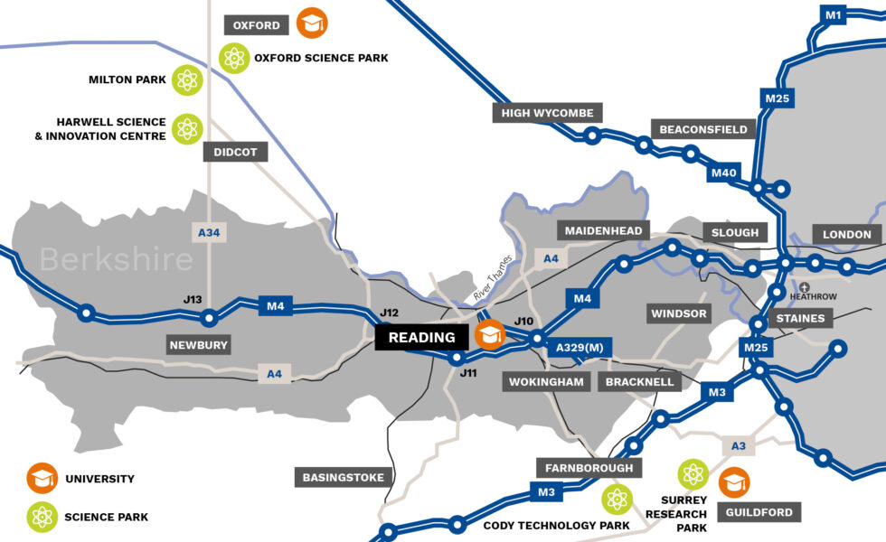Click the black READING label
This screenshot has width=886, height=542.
click(422, 338)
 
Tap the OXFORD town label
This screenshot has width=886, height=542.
click(256, 25)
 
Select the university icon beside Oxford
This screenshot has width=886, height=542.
click(312, 23)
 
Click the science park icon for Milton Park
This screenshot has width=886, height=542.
click(187, 80)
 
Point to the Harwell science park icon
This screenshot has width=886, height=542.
click(187, 128)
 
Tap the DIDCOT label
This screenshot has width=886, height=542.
click(236, 152)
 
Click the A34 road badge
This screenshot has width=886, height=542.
click(209, 233)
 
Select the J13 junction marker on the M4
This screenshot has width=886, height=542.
click(210, 317)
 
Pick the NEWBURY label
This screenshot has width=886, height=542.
click(199, 344)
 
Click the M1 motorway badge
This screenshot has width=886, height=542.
click(833, 14)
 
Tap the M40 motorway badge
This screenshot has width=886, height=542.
click(724, 173)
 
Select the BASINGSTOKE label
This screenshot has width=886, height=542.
click(344, 477)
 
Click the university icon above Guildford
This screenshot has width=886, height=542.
click(734, 482)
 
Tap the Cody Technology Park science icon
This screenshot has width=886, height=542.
click(617, 499)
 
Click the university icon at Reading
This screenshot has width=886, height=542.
click(490, 336)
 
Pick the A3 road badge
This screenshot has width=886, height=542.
click(739, 445)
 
